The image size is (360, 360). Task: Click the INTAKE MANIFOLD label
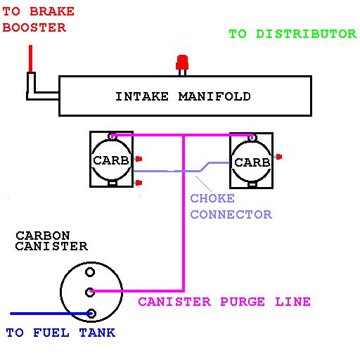[x=183, y=96]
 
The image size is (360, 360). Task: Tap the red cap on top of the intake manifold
[x=182, y=63]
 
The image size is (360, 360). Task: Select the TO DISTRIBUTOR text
[x=292, y=34]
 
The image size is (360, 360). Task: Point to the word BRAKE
[x=52, y=11]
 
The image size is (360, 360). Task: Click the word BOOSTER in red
[x=34, y=27]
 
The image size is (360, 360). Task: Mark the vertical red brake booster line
[x=30, y=58]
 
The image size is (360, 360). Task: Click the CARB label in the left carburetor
[x=111, y=160]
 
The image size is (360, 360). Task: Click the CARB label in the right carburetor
[x=252, y=162]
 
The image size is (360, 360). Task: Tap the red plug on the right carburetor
[x=279, y=157]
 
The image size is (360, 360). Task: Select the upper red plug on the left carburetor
[x=139, y=159]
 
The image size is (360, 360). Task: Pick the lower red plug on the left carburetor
[x=139, y=183]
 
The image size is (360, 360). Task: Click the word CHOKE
[x=212, y=198]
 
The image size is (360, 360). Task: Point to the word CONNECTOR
[x=231, y=214]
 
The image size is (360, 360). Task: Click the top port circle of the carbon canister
[x=90, y=272]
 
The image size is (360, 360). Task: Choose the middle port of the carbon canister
[x=90, y=292]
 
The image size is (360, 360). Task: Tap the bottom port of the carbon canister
[x=91, y=314]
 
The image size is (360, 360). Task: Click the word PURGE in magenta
[x=243, y=302]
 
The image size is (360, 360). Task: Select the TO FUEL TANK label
[x=60, y=333]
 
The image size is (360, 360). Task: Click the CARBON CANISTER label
[x=51, y=240]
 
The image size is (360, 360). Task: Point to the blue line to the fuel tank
[x=51, y=314]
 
